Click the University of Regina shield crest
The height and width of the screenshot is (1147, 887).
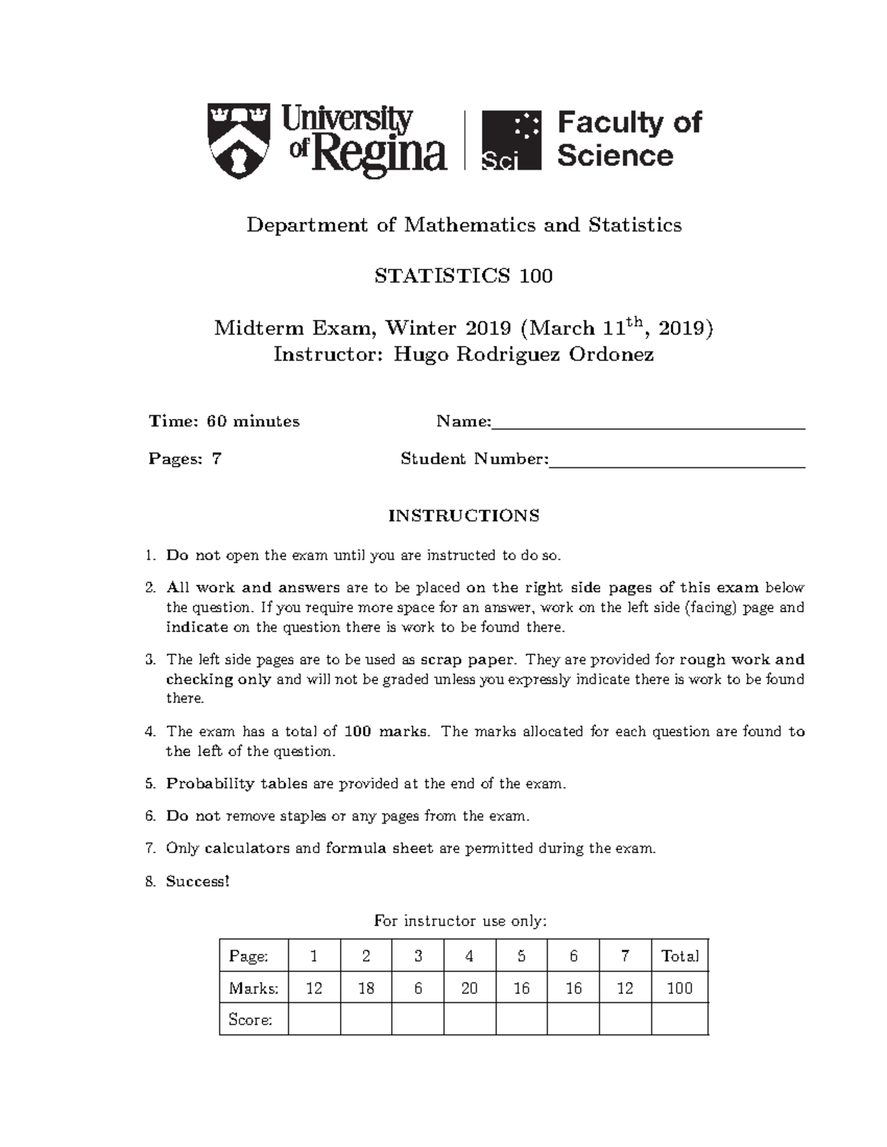(239, 140)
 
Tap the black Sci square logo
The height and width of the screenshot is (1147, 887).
(512, 140)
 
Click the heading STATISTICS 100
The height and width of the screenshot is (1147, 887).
(463, 276)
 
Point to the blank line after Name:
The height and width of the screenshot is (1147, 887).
(648, 423)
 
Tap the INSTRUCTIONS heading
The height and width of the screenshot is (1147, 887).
(463, 516)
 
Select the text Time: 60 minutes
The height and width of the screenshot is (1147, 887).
(224, 422)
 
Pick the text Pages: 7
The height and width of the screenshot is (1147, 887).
(185, 459)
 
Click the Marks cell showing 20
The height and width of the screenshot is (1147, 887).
(469, 988)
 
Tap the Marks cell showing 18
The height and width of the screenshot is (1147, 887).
(366, 988)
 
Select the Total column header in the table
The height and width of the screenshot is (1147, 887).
(679, 956)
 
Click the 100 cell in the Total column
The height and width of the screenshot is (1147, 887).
(679, 988)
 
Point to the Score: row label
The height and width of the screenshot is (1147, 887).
(251, 1020)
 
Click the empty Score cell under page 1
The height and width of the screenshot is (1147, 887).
(314, 1020)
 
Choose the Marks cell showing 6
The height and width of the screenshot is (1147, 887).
(418, 988)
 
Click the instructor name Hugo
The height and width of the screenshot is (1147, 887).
(420, 355)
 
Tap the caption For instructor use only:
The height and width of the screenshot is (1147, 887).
(461, 921)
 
